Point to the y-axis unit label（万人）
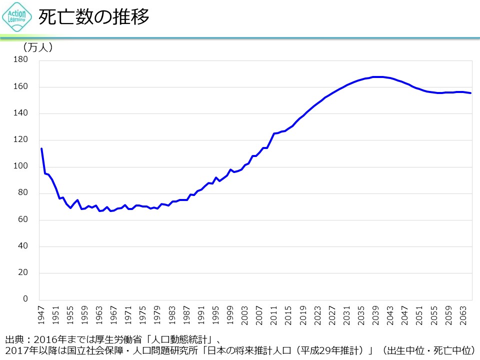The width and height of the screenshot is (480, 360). pyautogui.click(x=38, y=48)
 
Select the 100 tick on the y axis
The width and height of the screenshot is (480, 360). pyautogui.click(x=20, y=166)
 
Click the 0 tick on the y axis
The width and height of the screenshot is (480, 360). pyautogui.click(x=25, y=299)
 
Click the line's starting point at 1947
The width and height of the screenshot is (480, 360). pyautogui.click(x=41, y=148)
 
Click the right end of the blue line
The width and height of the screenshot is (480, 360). pyautogui.click(x=470, y=93)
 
